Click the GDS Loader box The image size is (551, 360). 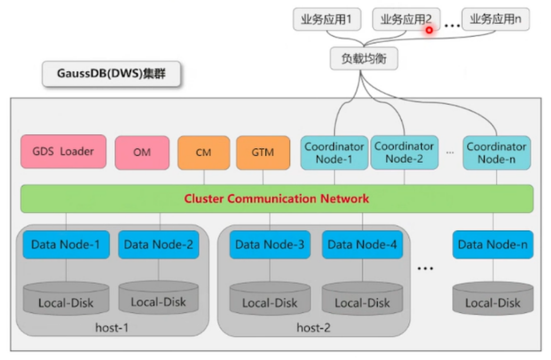pos(63,152)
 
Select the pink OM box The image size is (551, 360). pos(142,152)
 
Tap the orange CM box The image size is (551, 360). pos(203,152)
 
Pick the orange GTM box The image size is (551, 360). pos(263,152)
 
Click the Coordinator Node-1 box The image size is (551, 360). pos(334,152)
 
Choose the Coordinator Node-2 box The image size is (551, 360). pos(404,152)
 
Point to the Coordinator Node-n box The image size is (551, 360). pos(496,152)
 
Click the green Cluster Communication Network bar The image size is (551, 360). pos(277,199)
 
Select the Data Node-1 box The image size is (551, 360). pos(66,245)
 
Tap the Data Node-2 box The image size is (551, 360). pos(158,245)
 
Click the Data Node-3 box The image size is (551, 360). pos(270,245)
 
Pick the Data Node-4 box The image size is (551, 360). pos(362,245)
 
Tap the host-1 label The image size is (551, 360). pos(112,327)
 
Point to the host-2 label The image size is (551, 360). pos(313,327)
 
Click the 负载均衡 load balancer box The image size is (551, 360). pos(364,59)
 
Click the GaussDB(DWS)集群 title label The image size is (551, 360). pos(111,74)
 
